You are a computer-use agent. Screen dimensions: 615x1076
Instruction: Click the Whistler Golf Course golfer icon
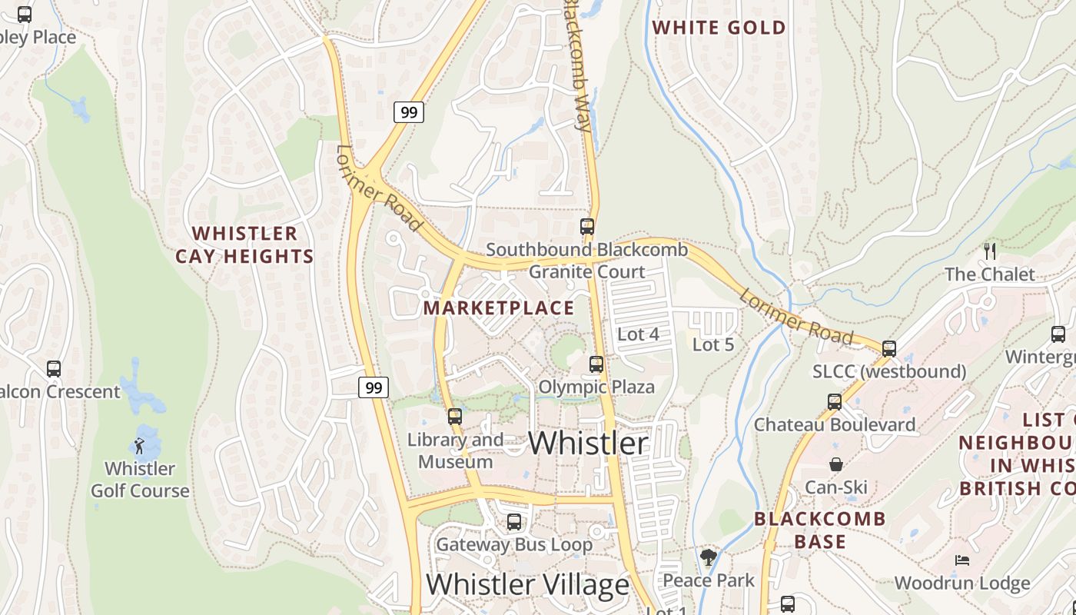[x=139, y=446]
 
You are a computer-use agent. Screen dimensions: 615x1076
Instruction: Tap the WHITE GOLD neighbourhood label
[x=719, y=28]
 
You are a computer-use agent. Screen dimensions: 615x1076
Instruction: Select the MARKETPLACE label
[x=499, y=308]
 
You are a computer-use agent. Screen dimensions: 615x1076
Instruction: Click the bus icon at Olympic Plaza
[x=596, y=364]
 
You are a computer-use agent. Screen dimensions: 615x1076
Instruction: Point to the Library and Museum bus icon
[x=455, y=417]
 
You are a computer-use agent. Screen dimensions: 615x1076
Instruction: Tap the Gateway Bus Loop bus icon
[x=514, y=522]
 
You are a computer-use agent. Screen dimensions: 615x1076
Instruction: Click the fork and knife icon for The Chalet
[x=990, y=251]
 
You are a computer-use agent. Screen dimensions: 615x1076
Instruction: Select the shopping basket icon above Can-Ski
[x=836, y=464]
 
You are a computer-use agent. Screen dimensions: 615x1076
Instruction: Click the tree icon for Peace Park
[x=709, y=557]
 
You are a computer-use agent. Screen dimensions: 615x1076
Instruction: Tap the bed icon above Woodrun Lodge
[x=961, y=560]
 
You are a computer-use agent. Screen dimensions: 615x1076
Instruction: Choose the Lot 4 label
[x=639, y=334]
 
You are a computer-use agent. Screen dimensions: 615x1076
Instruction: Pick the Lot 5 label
[x=713, y=345]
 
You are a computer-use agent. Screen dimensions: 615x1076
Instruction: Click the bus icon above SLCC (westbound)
[x=889, y=348]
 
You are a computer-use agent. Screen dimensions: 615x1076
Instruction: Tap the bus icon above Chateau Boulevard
[x=835, y=401]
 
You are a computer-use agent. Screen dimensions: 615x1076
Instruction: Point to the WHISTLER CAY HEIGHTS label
[x=245, y=244]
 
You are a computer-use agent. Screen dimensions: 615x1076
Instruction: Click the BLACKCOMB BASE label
[x=820, y=530]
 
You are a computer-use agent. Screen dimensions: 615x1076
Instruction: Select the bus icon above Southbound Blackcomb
[x=587, y=227]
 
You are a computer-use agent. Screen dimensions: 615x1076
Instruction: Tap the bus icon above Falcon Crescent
[x=54, y=368]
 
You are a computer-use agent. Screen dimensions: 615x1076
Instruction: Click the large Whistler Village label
[x=527, y=585]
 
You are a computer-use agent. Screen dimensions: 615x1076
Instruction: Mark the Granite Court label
[x=587, y=272]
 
